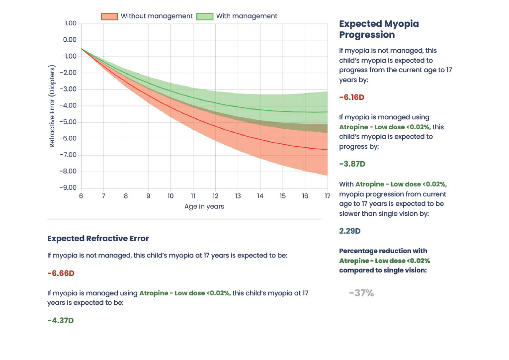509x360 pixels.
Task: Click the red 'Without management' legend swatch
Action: pos(109,16)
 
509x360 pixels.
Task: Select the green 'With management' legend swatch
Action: pos(204,16)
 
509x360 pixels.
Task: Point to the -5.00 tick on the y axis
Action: pos(69,122)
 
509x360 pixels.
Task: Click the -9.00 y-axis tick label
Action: pos(69,188)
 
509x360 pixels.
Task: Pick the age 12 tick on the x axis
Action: pos(215,196)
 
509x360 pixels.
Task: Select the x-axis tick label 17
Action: pos(327,196)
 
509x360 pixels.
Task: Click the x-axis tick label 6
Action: pos(81,196)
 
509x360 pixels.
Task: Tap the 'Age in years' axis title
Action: pos(204,206)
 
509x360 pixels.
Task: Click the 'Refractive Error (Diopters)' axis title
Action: pos(52,106)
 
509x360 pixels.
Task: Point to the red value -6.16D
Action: pos(351,97)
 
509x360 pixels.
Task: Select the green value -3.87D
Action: pos(351,164)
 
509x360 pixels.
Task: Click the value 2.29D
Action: pos(350,231)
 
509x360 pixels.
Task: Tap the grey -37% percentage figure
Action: pos(361,293)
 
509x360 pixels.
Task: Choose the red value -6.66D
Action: pos(61,273)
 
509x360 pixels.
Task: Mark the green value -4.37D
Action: pos(61,321)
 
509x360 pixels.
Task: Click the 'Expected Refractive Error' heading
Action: pos(98,238)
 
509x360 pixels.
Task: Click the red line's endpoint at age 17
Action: pos(327,149)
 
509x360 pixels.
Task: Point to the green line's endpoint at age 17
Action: pos(327,112)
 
